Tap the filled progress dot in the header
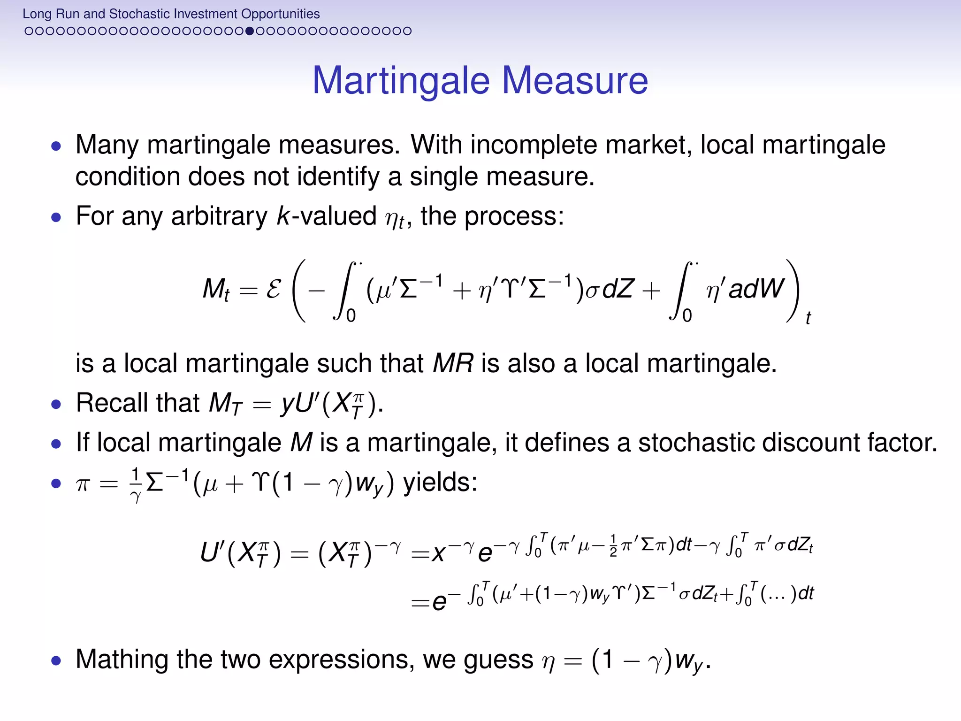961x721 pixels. pos(250,31)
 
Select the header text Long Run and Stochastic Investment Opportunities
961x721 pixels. pos(171,14)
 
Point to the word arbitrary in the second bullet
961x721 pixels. pos(219,216)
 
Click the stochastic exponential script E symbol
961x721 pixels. pos(274,289)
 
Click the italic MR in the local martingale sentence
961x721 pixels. pos(453,363)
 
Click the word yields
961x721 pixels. pos(440,482)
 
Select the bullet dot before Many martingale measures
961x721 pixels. pos(56,146)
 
